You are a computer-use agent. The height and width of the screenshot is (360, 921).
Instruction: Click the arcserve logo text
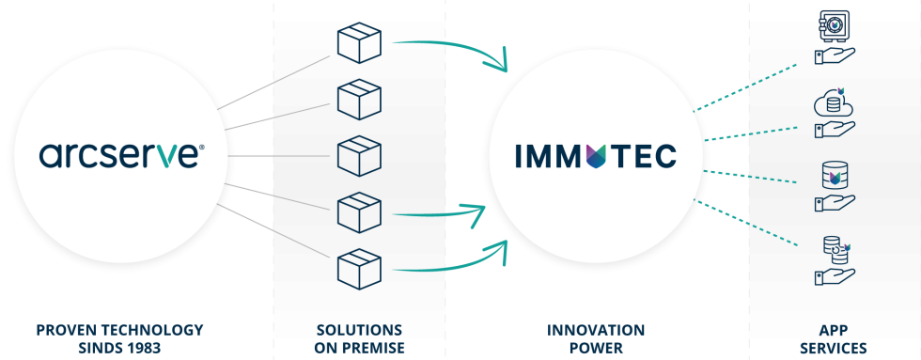coord(120,154)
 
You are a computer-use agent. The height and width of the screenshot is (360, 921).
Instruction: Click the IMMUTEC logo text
coord(595,155)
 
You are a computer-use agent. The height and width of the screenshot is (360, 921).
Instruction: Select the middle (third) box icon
coord(357,153)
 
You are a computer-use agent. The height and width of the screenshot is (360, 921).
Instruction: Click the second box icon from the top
coord(357,98)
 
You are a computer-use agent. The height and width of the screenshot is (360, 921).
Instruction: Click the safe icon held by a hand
coord(833,28)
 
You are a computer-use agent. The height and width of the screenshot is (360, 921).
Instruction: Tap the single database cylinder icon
coord(833,176)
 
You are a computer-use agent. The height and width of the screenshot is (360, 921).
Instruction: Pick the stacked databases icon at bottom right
coord(833,249)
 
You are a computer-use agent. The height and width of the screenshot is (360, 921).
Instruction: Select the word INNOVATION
coord(596,330)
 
